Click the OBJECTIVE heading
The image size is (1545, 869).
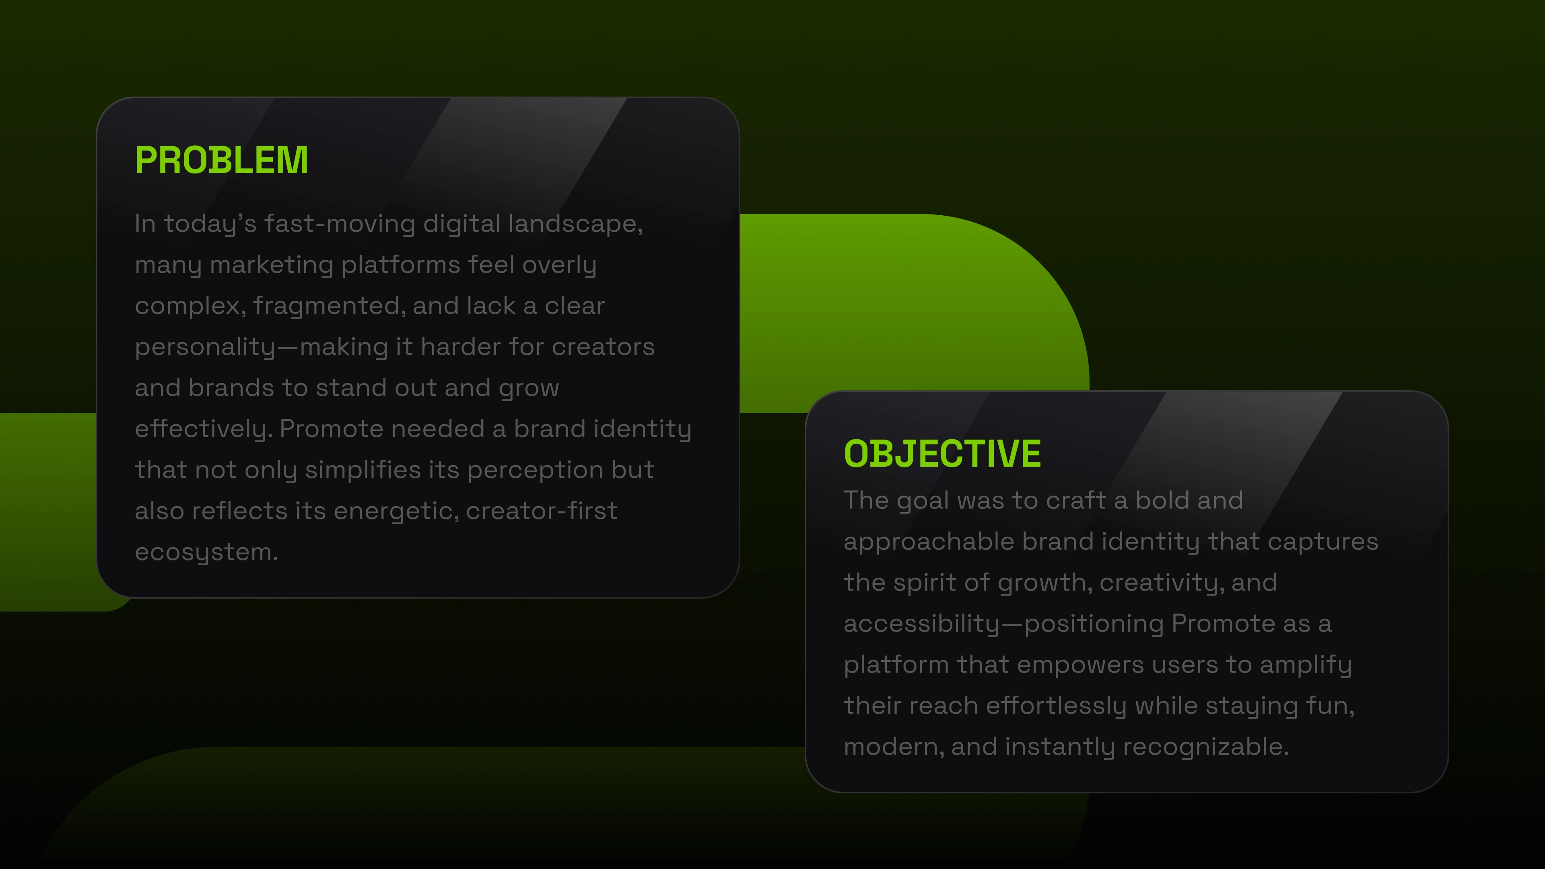coord(942,453)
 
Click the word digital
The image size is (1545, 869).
coord(462,224)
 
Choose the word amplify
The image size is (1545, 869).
coord(1306,665)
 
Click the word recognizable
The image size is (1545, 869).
coord(1205,747)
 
